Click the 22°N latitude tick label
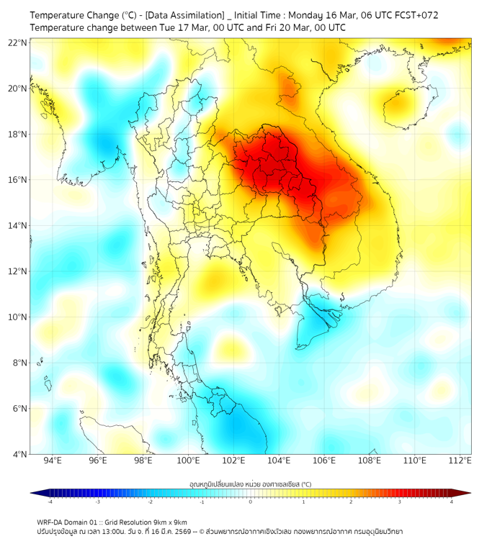(x=18, y=42)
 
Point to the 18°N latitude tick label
(x=18, y=134)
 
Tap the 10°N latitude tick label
(x=18, y=317)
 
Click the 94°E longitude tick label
(x=53, y=461)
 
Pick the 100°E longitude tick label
(x=188, y=461)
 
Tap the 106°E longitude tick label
(x=324, y=461)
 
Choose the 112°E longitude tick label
(x=460, y=461)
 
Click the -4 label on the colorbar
(x=50, y=501)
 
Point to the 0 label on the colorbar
(x=251, y=501)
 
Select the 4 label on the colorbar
(x=452, y=501)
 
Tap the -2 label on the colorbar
(x=150, y=501)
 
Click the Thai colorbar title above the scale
(x=250, y=484)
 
